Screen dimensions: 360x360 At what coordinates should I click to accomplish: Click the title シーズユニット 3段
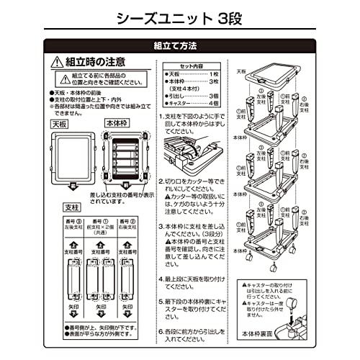[179, 16]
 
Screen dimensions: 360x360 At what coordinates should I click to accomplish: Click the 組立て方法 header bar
[179, 45]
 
